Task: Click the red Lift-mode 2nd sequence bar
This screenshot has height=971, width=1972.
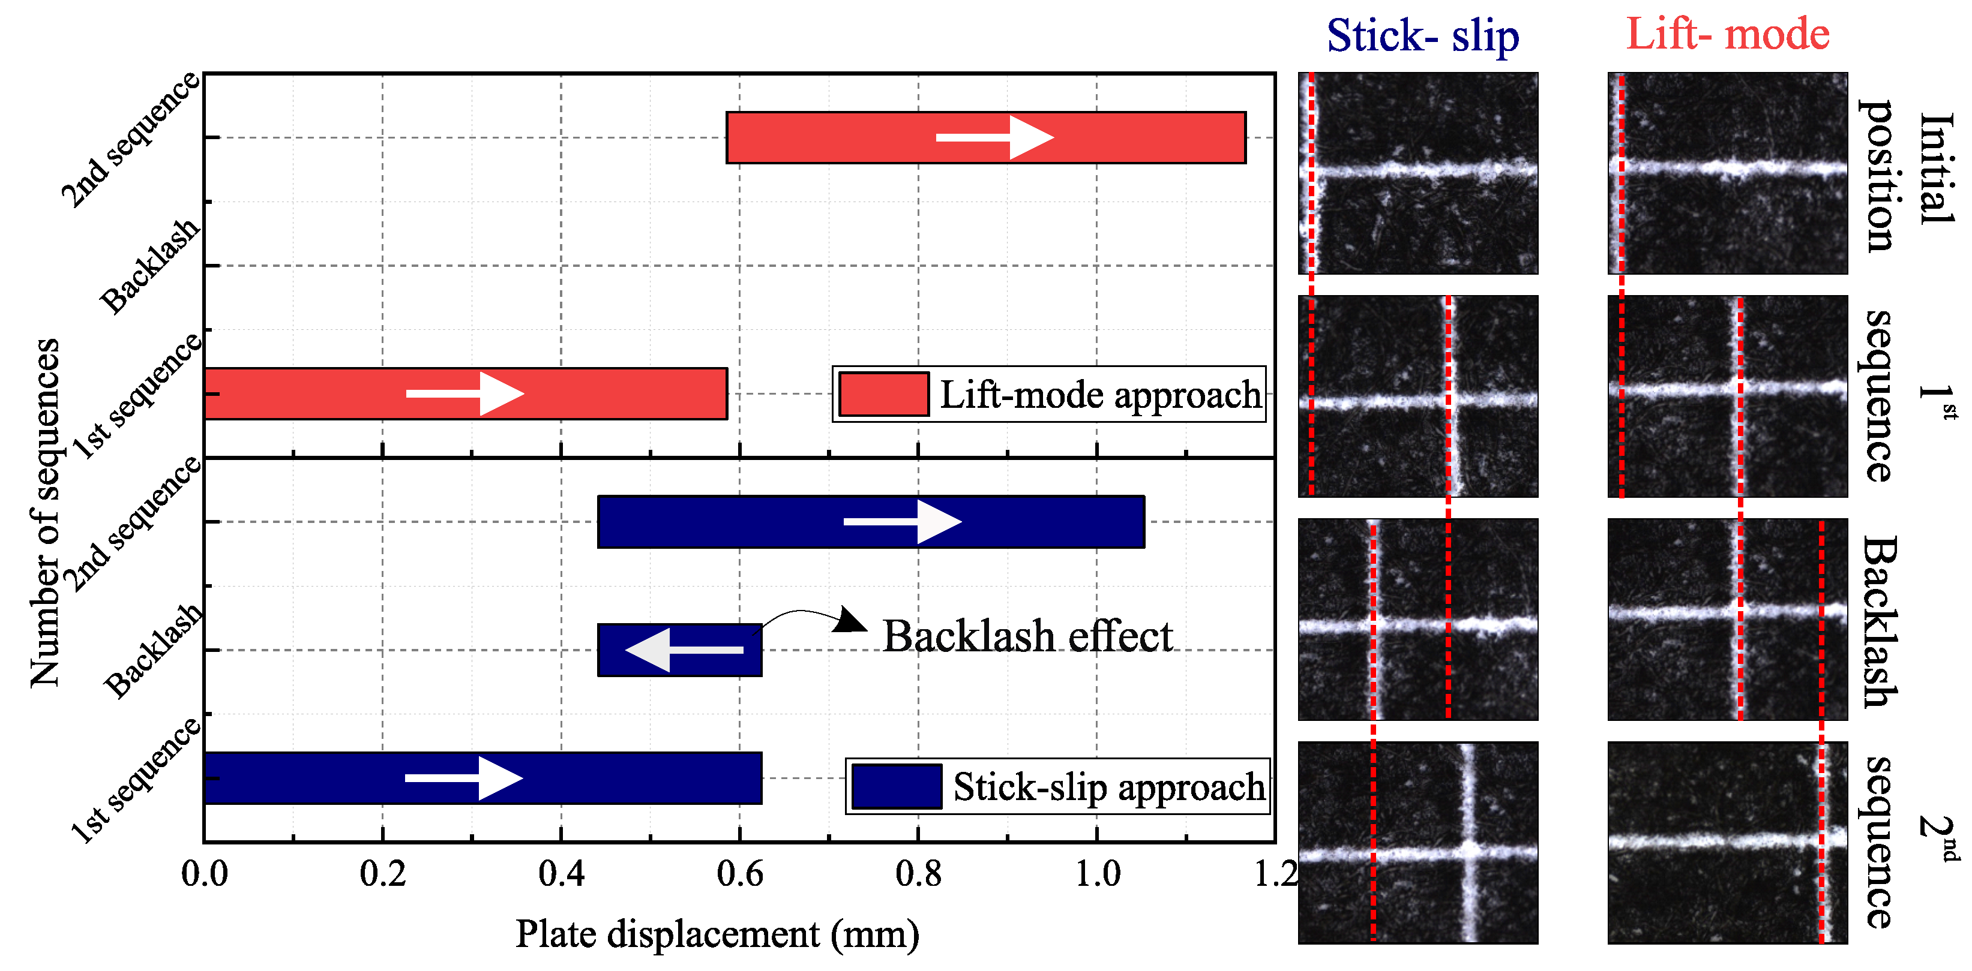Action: (x=842, y=138)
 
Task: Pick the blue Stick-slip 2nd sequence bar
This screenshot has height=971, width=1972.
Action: (x=727, y=522)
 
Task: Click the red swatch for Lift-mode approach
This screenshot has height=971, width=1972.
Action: (x=883, y=394)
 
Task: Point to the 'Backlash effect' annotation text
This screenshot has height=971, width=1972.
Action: (x=1027, y=636)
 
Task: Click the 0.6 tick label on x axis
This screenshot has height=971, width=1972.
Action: (x=739, y=874)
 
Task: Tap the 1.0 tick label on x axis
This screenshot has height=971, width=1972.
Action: (x=1097, y=874)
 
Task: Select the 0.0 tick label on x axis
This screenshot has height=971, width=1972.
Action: (x=205, y=874)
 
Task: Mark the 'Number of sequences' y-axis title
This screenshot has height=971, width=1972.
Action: (x=44, y=513)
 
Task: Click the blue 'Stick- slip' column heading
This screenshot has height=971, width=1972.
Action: (x=1422, y=35)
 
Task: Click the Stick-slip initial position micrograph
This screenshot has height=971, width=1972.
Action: (x=1417, y=174)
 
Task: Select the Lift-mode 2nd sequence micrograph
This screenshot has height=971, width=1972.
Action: (x=1727, y=843)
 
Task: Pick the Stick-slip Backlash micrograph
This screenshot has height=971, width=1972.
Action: (x=1417, y=619)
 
